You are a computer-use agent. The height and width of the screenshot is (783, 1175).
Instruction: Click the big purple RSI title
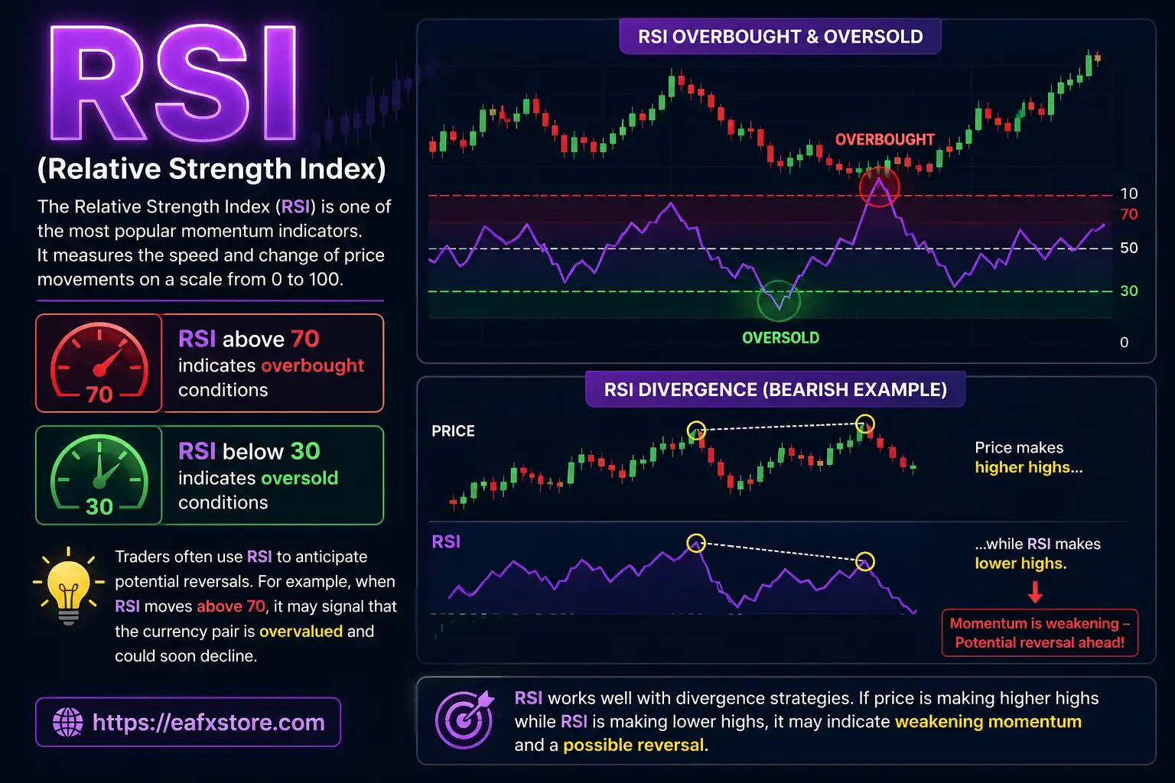coord(173,84)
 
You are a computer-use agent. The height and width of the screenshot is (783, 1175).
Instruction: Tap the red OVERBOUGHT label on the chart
coord(884,140)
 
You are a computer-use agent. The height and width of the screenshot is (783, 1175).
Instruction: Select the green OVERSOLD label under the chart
coord(780,338)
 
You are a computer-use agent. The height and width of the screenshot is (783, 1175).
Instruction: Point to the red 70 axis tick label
coord(1128,215)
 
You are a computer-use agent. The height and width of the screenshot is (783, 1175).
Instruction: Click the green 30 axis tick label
coord(1128,291)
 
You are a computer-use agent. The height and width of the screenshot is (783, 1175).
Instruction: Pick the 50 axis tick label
coord(1128,248)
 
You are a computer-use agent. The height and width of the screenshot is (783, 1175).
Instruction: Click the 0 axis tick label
coord(1124,343)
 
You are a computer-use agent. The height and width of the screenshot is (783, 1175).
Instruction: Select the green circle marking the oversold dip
coord(779,301)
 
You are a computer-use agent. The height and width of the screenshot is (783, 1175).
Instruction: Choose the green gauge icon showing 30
coord(99,475)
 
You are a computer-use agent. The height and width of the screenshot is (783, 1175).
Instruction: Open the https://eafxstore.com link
coord(208,723)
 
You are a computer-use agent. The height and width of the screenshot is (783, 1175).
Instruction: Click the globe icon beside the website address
coord(67,723)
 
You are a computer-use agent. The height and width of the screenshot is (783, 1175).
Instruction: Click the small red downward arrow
coord(1035,592)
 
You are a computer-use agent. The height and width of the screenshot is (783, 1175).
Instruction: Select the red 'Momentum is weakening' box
coord(1040,633)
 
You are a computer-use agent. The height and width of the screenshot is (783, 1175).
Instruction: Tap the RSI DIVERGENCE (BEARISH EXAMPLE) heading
coord(775,390)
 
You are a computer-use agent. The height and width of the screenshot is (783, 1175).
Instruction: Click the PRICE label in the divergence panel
coord(453,431)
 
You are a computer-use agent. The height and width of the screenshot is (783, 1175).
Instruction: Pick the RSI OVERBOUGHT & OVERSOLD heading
coord(780,37)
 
